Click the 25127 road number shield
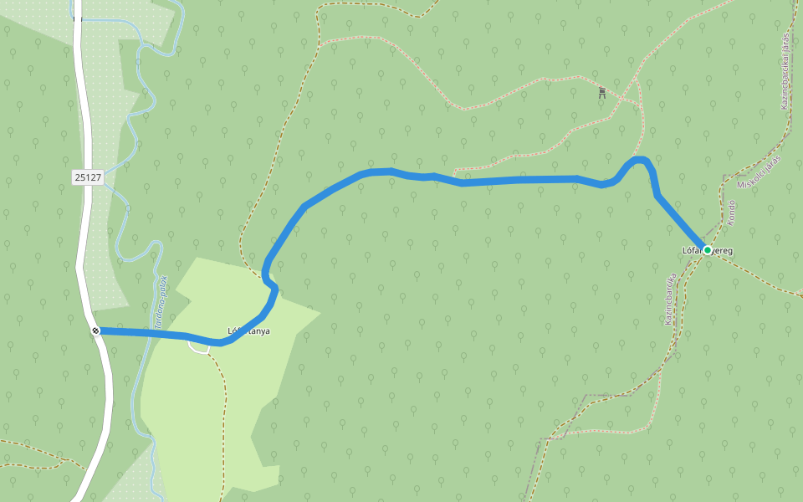click(x=87, y=177)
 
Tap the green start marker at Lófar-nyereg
click(x=708, y=249)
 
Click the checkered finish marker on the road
click(x=96, y=330)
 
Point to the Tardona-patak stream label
click(x=159, y=301)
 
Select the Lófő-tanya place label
click(x=248, y=330)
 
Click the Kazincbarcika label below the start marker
click(x=669, y=297)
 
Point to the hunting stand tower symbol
click(x=601, y=93)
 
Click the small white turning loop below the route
click(x=199, y=348)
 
